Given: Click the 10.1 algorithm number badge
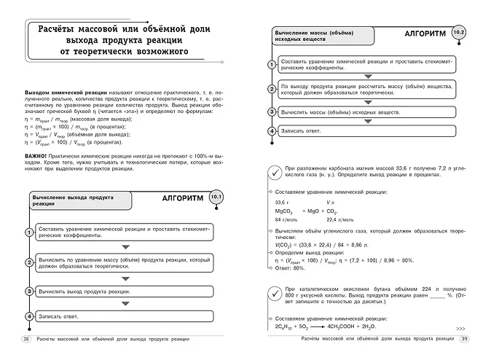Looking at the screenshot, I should (216, 198).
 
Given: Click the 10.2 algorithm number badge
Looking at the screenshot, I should (457, 34).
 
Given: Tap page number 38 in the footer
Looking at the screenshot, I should (27, 339).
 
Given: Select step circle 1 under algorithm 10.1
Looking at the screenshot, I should (28, 232).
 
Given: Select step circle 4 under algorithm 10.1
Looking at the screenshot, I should (28, 316).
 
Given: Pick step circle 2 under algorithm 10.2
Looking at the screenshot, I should (271, 90).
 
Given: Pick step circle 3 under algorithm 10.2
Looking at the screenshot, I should (271, 112).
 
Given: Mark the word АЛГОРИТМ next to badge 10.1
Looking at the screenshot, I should (180, 198).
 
